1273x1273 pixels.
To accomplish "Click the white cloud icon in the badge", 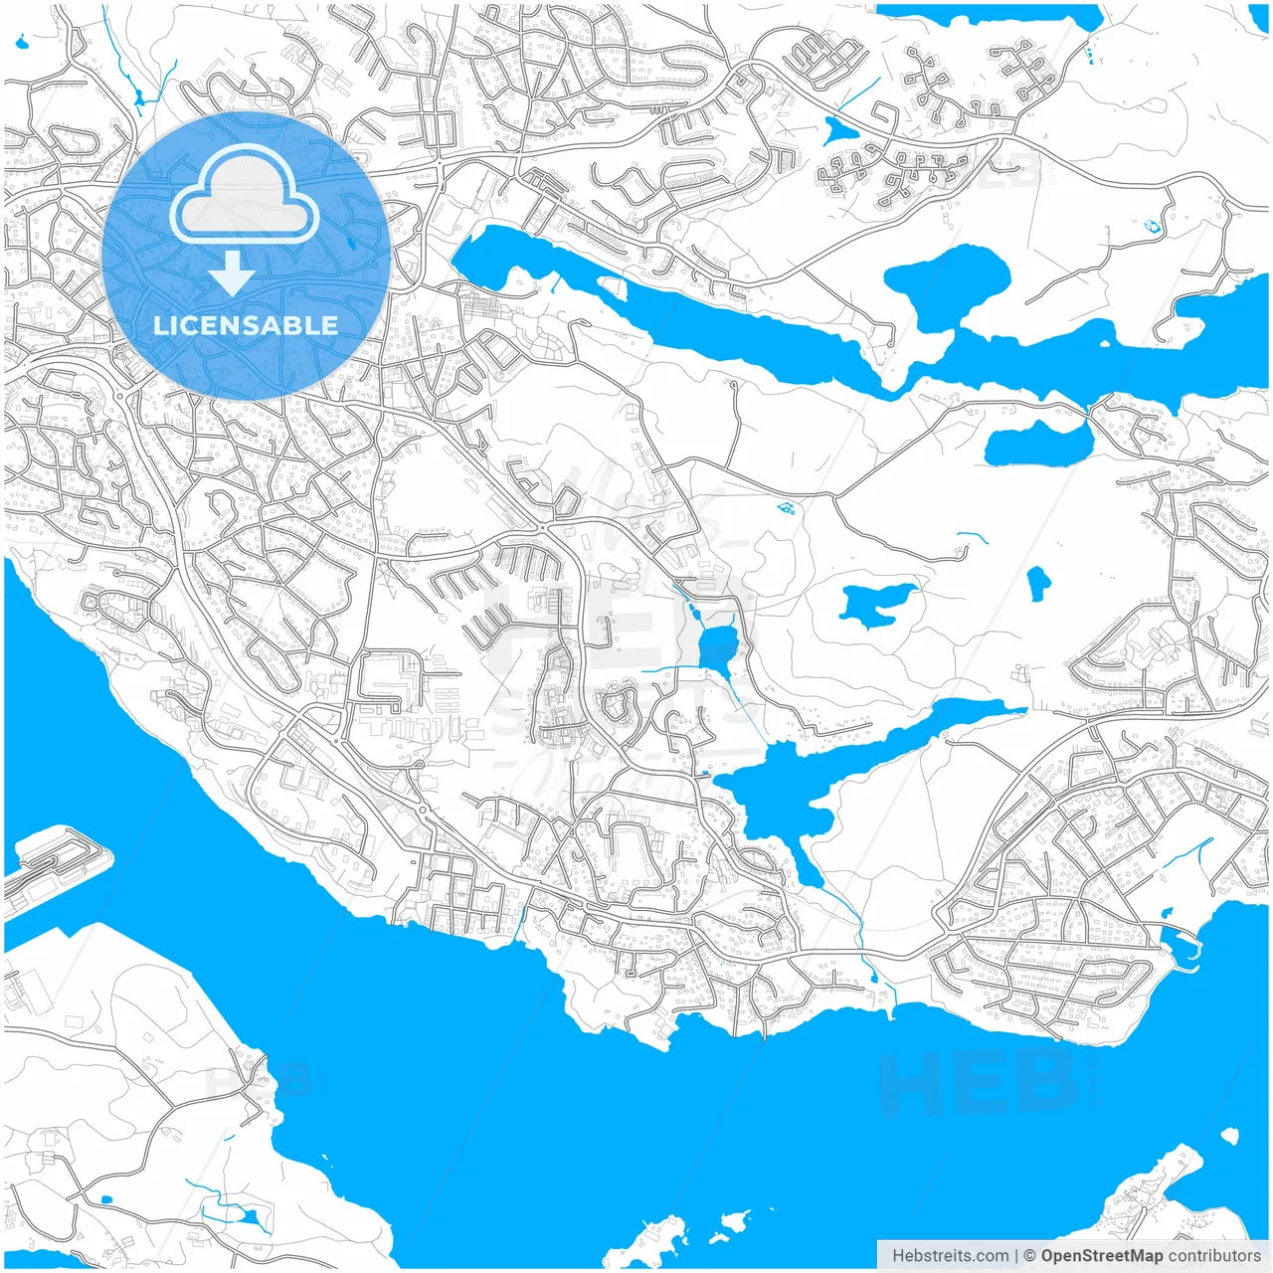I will [245, 195].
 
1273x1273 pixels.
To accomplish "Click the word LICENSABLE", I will [245, 325].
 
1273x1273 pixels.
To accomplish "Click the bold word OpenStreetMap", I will [1102, 1256].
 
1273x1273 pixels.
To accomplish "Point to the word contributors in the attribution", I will [1214, 1256].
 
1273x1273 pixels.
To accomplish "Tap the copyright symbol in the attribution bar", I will [1030, 1256].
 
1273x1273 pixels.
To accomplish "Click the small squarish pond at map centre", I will [716, 649].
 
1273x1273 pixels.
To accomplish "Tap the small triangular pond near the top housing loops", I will [838, 129].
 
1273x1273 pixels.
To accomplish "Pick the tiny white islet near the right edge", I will [1230, 1135].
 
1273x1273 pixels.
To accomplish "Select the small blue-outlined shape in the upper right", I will [1153, 226].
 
